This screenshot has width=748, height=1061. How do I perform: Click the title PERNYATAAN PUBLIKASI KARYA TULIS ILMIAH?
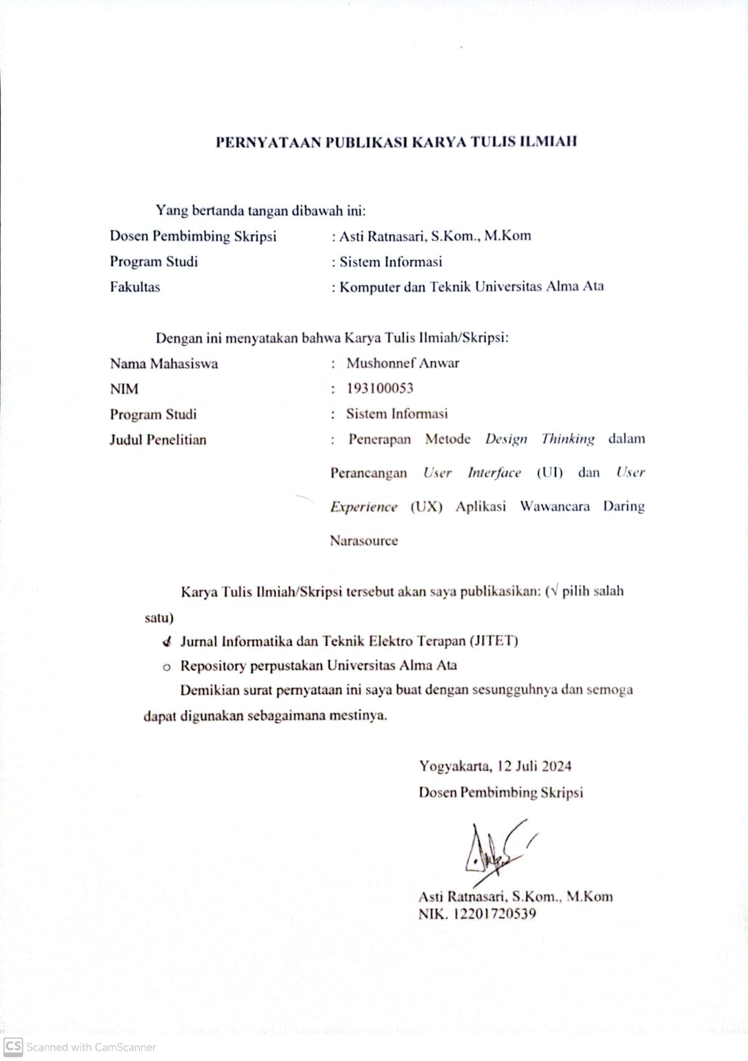click(x=396, y=142)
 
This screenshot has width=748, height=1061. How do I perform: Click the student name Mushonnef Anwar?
click(x=403, y=363)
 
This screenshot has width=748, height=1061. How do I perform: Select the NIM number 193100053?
click(x=380, y=388)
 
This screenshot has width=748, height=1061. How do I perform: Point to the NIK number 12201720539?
click(x=494, y=914)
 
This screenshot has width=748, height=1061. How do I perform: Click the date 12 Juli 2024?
click(x=534, y=766)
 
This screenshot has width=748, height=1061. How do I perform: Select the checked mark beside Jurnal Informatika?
click(x=167, y=642)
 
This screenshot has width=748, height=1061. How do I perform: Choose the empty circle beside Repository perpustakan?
click(x=166, y=667)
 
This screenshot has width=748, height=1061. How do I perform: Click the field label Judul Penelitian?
click(x=158, y=440)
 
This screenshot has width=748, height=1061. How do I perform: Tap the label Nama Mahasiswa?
click(x=164, y=363)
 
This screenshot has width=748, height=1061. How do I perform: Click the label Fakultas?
click(x=135, y=287)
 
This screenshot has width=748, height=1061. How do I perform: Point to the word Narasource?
click(x=364, y=540)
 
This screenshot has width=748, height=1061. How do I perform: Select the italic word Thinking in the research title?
click(x=568, y=439)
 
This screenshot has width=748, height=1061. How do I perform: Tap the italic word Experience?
click(x=364, y=507)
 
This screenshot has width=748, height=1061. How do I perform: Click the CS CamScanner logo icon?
click(x=13, y=1047)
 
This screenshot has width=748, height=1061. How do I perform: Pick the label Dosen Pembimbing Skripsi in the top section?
click(x=193, y=236)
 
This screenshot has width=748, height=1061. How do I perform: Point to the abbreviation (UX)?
click(x=427, y=507)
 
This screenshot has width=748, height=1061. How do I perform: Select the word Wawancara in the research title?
click(x=555, y=507)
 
